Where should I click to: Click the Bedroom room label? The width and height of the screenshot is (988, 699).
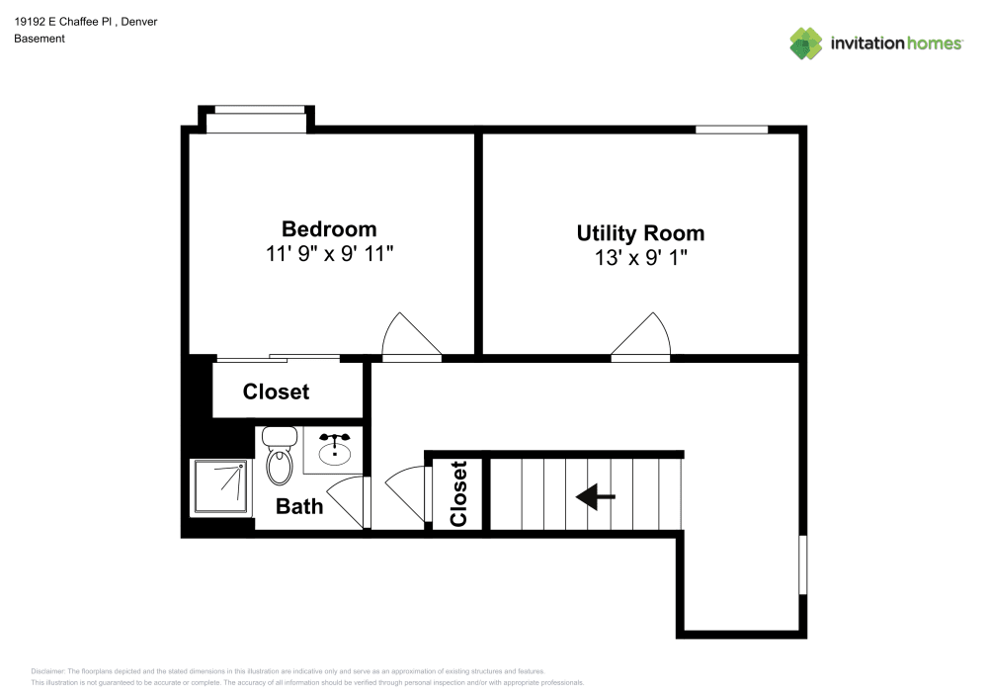[x=329, y=228]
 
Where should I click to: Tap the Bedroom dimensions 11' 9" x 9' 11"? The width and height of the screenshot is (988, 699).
[x=329, y=254]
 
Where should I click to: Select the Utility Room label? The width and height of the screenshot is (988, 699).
[x=640, y=233]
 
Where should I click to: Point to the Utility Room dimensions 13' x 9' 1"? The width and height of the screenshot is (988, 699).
[x=640, y=259]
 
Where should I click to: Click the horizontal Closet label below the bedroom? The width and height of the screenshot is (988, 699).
[x=276, y=392]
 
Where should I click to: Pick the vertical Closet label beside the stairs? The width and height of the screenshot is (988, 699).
[x=457, y=493]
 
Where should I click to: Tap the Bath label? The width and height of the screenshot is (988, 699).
[x=298, y=506]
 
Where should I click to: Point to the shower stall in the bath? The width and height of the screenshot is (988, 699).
[x=220, y=486]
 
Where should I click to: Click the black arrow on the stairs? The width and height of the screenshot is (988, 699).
[x=596, y=496]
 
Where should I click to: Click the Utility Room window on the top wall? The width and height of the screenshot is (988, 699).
[x=731, y=130]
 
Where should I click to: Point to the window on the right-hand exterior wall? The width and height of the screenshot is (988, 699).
[x=802, y=565]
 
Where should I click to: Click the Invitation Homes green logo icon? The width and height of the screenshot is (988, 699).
[x=806, y=43]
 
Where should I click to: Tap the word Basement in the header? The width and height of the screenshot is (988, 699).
[x=40, y=39]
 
